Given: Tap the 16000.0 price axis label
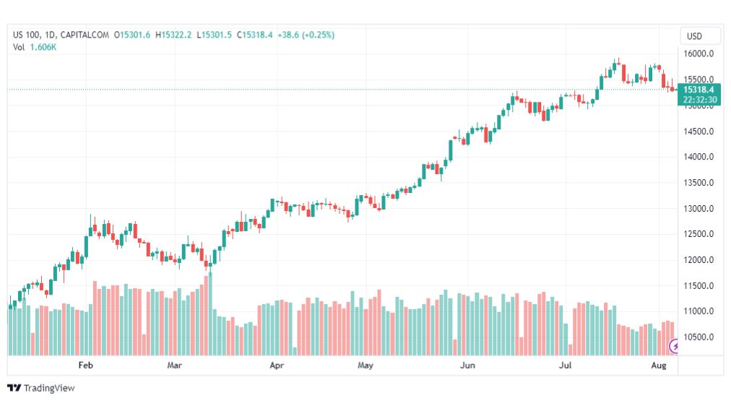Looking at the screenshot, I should coord(699,54).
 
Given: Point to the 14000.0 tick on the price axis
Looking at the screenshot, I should coord(699,157).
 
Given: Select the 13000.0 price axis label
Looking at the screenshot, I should coord(699,209).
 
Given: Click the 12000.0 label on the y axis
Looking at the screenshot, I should coord(699,260).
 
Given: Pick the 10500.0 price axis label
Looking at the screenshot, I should coord(699,337).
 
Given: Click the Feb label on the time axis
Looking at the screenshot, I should coord(86,366).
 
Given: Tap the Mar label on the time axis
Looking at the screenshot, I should coord(174,366).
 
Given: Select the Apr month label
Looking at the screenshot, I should coord(277,366).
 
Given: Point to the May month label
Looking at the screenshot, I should coord(365,366).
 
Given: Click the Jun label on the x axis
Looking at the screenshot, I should coord(467,366).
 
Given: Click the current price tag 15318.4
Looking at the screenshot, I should coord(699,90).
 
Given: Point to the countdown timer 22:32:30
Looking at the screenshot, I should coord(699,100).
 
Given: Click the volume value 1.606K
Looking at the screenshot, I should coord(43,47).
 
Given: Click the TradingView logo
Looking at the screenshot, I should coord(41,388).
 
